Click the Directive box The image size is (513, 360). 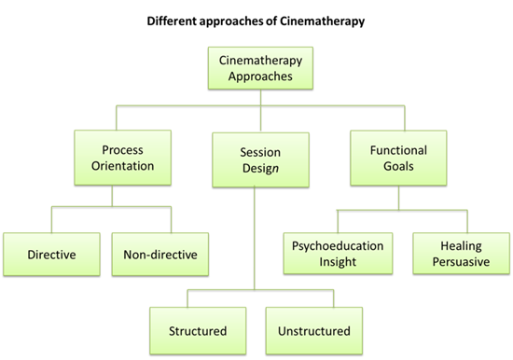coord(52,252)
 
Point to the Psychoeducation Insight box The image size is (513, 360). coord(337,252)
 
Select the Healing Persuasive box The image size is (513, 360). coord(454,252)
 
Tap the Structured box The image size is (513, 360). coord(198,330)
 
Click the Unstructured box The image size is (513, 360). coord(312,330)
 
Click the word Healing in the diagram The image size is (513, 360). coord(454,244)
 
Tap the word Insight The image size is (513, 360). coord(337,260)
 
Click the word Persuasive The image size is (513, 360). coord(454,260)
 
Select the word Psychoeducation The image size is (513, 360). coord(337,244)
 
